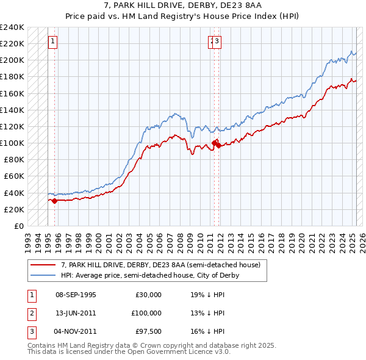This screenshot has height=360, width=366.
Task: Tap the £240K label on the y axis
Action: pyautogui.click(x=12, y=27)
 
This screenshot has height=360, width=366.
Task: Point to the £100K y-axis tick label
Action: pyautogui.click(x=12, y=143)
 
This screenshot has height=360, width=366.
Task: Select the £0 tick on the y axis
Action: pyautogui.click(x=19, y=226)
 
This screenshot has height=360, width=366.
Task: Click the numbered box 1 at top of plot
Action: pyautogui.click(x=53, y=41)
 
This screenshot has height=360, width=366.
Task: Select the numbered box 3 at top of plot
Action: pyautogui.click(x=217, y=41)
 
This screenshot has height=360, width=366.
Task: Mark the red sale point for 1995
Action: pyautogui.click(x=54, y=200)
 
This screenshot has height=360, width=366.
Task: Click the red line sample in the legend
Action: pyautogui.click(x=43, y=265)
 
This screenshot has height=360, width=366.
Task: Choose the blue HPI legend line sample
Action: pyautogui.click(x=43, y=275)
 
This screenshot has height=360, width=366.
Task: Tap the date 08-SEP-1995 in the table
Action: pyautogui.click(x=76, y=295)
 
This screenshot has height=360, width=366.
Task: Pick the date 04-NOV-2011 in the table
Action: pyautogui.click(x=76, y=331)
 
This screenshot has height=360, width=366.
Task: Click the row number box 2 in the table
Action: pyautogui.click(x=30, y=313)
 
